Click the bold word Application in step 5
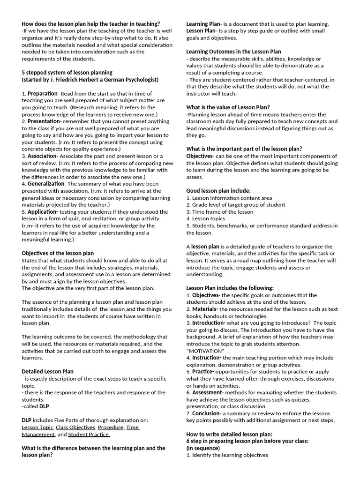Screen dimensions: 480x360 [43, 211]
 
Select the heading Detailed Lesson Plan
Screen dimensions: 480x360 [47, 371]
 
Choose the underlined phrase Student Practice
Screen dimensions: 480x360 [89, 434]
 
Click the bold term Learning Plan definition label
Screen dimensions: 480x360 [203, 24]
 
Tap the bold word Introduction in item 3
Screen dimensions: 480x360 [208, 322]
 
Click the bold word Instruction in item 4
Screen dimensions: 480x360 [206, 357]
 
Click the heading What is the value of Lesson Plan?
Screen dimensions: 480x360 [228, 107]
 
